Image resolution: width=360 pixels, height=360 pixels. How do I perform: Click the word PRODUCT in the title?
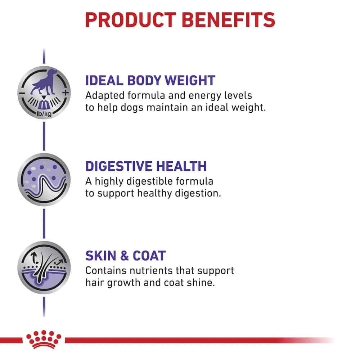130,20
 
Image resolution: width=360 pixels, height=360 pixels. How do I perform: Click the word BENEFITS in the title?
229,20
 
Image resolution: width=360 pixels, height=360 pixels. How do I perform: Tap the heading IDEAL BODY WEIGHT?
150,81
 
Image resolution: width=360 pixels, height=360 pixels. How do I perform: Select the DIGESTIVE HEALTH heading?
146,166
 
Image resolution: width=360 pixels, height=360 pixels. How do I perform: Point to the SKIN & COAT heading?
125,256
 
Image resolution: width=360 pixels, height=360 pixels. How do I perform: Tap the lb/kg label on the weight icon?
44,113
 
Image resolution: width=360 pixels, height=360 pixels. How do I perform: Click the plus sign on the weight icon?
66,93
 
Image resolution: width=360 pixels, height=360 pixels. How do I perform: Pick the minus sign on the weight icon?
22,93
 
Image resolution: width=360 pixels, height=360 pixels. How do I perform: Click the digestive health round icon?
44,180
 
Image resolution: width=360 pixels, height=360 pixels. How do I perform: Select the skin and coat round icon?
44,267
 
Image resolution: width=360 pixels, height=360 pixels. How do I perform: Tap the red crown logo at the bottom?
44,339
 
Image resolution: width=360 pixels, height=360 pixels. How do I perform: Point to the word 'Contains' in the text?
106,271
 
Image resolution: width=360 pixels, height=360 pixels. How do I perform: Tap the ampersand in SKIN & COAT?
124,256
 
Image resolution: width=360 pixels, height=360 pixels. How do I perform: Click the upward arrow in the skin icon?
35,258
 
